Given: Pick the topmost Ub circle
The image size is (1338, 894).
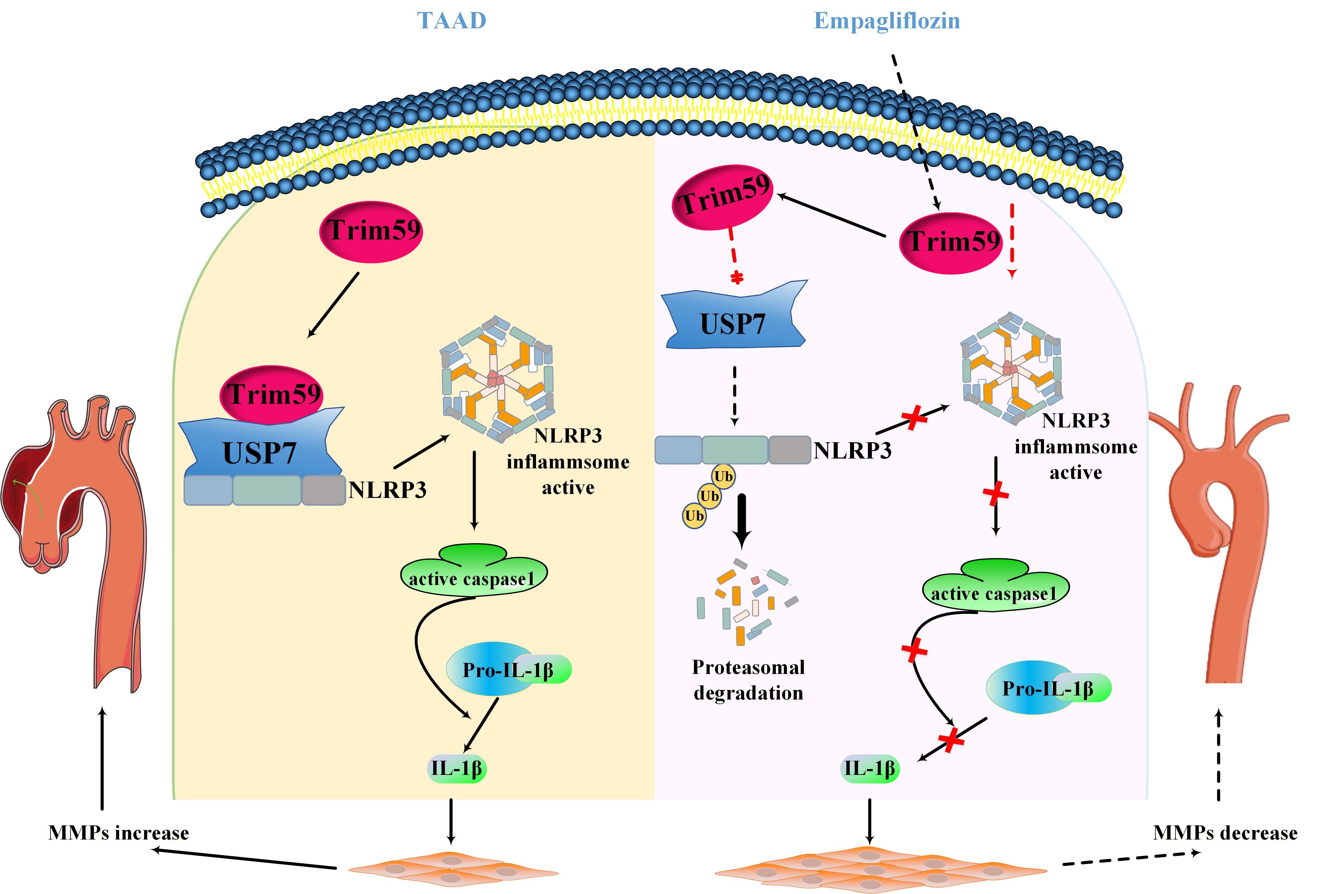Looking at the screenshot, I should click(x=723, y=476).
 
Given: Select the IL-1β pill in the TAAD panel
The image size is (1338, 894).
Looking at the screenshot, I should click(x=456, y=768).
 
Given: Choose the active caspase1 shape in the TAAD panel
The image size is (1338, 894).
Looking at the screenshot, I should click(x=474, y=573).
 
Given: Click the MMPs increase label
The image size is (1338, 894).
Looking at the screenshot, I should click(x=119, y=833).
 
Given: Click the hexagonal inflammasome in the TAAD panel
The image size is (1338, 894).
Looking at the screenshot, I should click(x=497, y=379).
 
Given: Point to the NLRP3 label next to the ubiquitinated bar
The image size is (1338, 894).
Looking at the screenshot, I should click(x=852, y=451).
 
